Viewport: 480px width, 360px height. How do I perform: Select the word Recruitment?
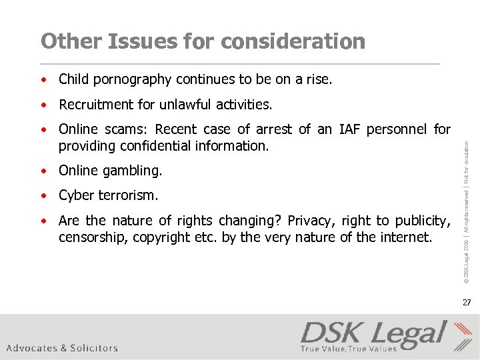click(x=97, y=105)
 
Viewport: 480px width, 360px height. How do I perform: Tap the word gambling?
click(x=131, y=171)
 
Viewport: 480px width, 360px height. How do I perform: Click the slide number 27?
click(x=467, y=303)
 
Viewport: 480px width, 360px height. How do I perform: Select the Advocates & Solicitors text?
click(x=62, y=347)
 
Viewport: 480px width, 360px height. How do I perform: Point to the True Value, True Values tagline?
click(x=348, y=348)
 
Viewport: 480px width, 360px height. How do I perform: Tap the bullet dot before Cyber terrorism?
click(x=43, y=196)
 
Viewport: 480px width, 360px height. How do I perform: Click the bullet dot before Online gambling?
click(x=43, y=171)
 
